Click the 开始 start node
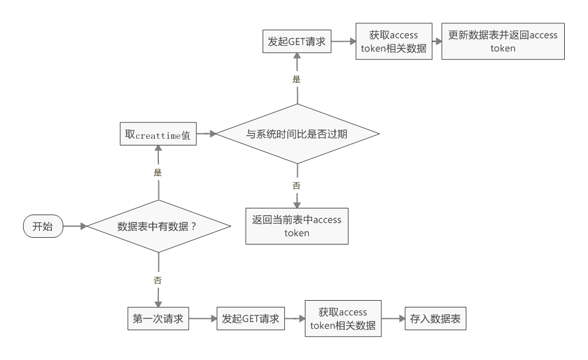[x=43, y=226]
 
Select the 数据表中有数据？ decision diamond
[x=159, y=226]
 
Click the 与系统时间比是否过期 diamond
[x=298, y=134]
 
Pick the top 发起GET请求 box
[x=296, y=42]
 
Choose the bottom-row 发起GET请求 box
[x=251, y=318]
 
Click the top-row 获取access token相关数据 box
[x=394, y=42]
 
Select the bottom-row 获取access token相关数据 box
[x=343, y=318]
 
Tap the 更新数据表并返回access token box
[x=502, y=42]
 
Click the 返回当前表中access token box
[x=297, y=226]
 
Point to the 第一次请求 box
[x=158, y=318]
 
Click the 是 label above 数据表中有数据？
[x=158, y=173]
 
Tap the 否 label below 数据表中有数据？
[x=158, y=280]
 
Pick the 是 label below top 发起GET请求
[x=297, y=79]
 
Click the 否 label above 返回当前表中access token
[x=297, y=185]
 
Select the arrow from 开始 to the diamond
[x=75, y=226]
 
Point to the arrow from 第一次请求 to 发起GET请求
[x=202, y=318]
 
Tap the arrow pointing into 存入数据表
[x=392, y=318]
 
